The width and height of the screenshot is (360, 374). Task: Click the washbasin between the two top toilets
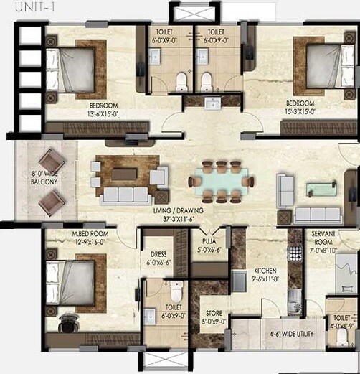click(212, 103)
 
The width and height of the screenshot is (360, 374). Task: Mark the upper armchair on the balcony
click(51, 162)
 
